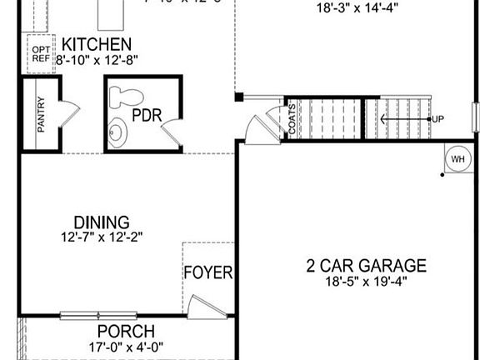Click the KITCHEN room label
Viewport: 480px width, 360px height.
pyautogui.click(x=97, y=44)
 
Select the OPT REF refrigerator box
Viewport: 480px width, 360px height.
pyautogui.click(x=41, y=54)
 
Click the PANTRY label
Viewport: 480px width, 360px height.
pyautogui.click(x=41, y=115)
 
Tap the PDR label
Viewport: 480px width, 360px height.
pyautogui.click(x=146, y=116)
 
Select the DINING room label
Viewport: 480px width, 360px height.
pyautogui.click(x=102, y=222)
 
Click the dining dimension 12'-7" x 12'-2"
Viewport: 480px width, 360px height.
pyautogui.click(x=102, y=237)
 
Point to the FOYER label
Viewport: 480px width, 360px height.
pyautogui.click(x=208, y=272)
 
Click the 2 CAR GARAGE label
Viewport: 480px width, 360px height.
pyautogui.click(x=366, y=267)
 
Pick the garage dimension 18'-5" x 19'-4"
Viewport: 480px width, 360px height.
pyautogui.click(x=366, y=282)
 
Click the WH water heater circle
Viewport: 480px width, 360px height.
pyautogui.click(x=457, y=159)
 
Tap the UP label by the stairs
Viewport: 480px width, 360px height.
pyautogui.click(x=437, y=119)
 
